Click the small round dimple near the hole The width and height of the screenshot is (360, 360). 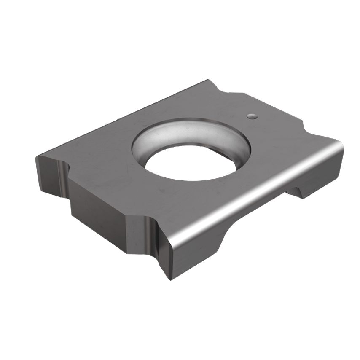click(252, 116)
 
